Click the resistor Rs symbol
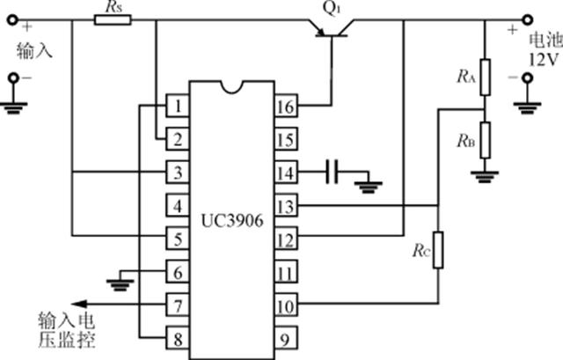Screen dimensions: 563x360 113,19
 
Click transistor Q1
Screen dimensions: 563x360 331,29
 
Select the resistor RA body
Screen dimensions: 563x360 485,77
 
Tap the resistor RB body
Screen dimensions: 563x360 485,140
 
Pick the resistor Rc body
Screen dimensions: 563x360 438,250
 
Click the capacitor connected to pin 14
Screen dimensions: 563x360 332,172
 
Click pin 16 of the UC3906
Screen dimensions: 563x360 286,106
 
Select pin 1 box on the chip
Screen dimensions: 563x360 178,106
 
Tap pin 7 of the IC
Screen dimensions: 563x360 178,305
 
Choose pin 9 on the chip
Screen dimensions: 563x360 286,339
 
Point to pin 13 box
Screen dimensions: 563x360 286,205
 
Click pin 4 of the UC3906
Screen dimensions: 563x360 178,205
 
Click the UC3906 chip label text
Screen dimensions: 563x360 232,221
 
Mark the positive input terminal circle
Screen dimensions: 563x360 13,19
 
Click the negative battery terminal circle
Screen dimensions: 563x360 527,77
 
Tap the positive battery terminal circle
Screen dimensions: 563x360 527,19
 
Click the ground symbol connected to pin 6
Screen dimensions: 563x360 121,284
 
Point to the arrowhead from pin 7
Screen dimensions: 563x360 80,304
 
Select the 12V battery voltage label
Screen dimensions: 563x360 544,59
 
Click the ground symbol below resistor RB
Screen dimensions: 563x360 485,176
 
